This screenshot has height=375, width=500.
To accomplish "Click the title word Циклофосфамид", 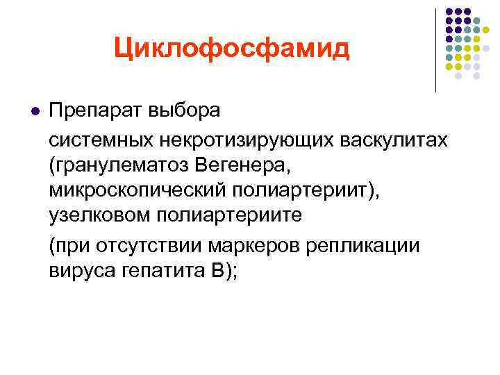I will [232, 48].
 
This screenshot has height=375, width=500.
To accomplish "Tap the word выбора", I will [184, 111].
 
